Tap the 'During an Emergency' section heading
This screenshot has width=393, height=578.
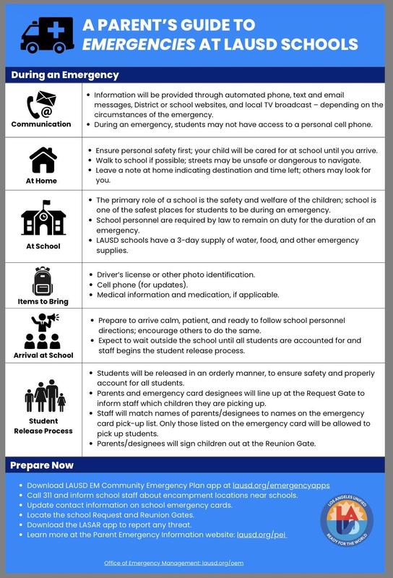click(66, 74)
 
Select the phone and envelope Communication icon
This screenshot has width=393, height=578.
click(40, 105)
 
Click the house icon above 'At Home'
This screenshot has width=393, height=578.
click(41, 159)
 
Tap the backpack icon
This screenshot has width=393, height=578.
click(41, 280)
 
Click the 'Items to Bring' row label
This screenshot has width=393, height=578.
click(41, 301)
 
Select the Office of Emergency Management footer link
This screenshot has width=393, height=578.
click(196, 562)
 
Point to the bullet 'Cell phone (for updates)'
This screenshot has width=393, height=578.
click(137, 285)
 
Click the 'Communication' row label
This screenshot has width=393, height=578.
click(41, 124)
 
